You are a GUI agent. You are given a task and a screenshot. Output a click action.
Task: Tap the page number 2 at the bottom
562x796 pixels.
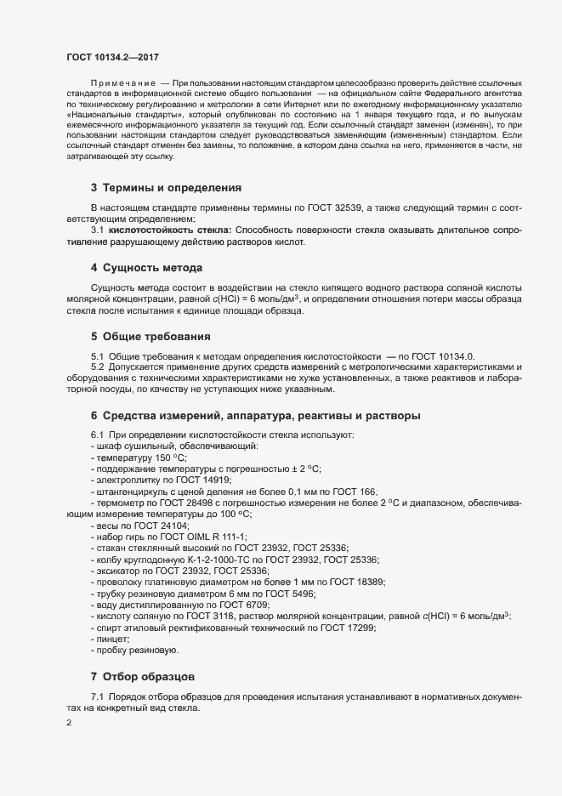click(x=69, y=723)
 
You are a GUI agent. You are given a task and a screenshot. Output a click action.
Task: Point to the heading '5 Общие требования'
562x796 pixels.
click(x=151, y=335)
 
